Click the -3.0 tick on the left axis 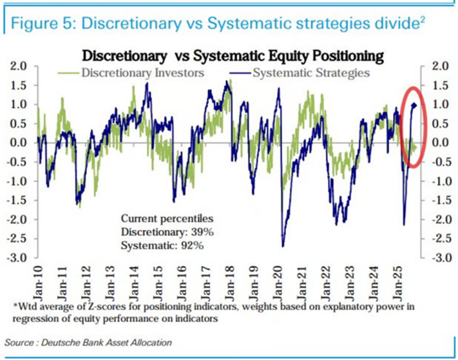coord(20,258)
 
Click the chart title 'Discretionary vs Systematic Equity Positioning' coord(231,55)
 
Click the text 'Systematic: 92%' coord(157,244)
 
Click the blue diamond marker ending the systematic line coord(414,105)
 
